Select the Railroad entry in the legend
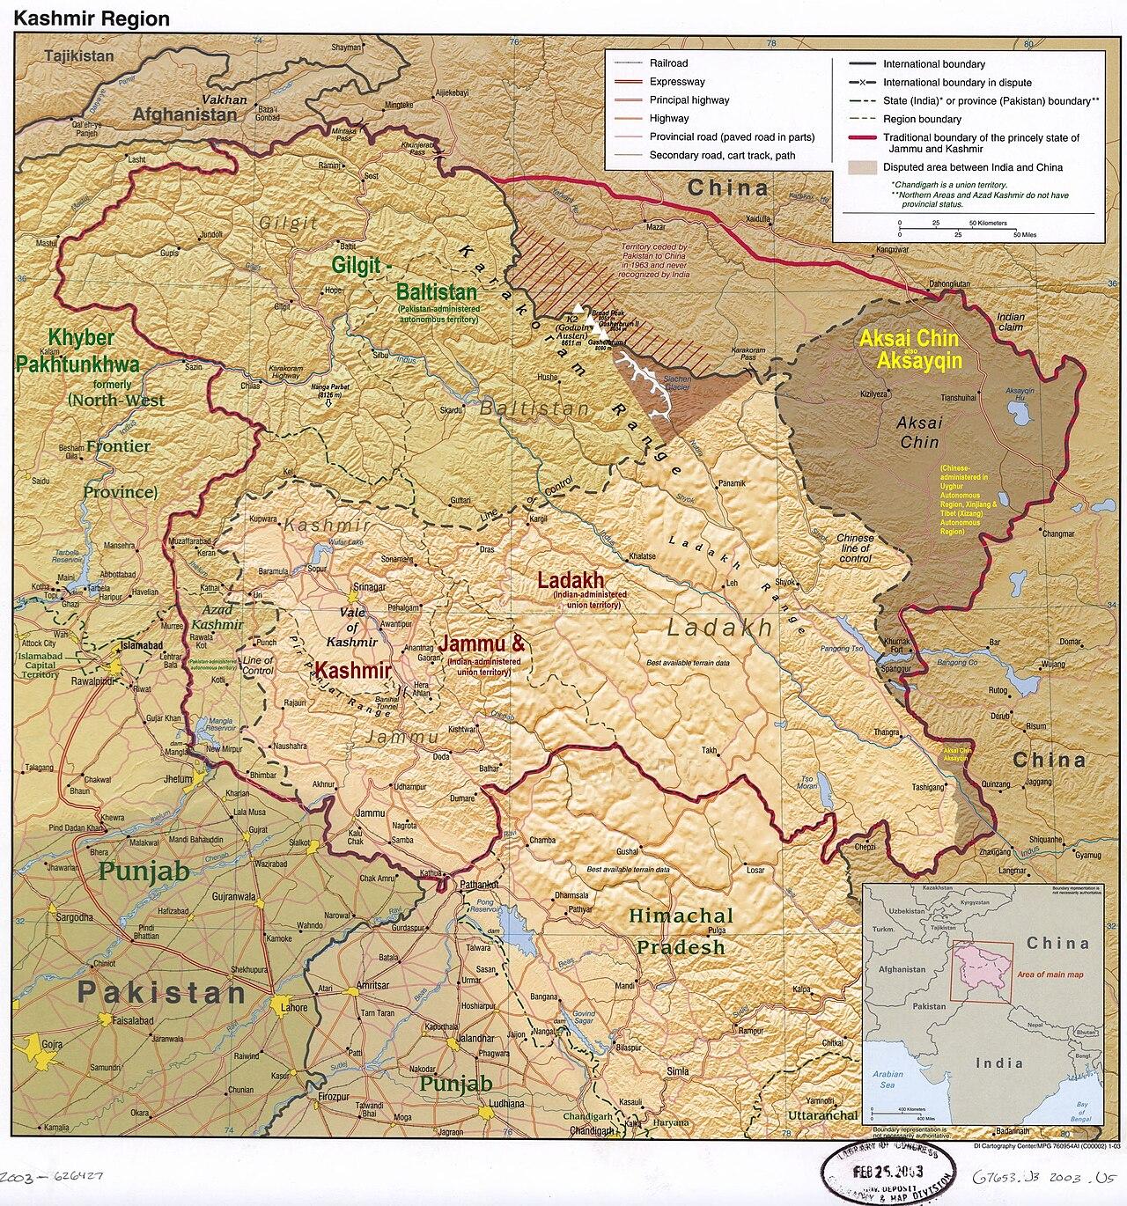pos(668,63)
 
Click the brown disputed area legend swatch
pos(862,167)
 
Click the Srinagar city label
pos(369,587)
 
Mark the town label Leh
pos(731,584)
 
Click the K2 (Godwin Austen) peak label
pos(573,325)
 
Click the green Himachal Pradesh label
pos(681,931)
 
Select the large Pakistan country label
pos(161,993)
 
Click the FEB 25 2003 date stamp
pos(891,1174)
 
